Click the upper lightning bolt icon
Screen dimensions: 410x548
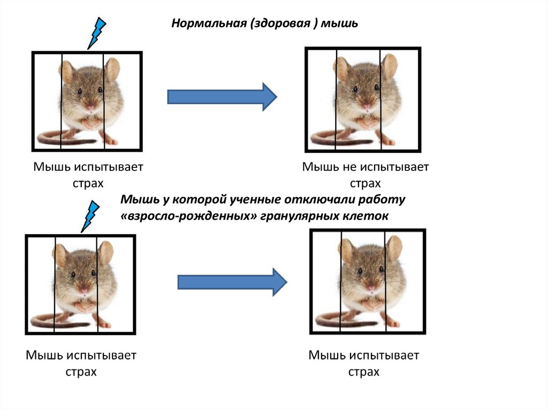coord(97,33)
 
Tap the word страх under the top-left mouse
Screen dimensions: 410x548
coord(88,183)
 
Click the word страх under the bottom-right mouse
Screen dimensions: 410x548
coord(363,372)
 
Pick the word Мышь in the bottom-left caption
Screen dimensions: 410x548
coord(45,355)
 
